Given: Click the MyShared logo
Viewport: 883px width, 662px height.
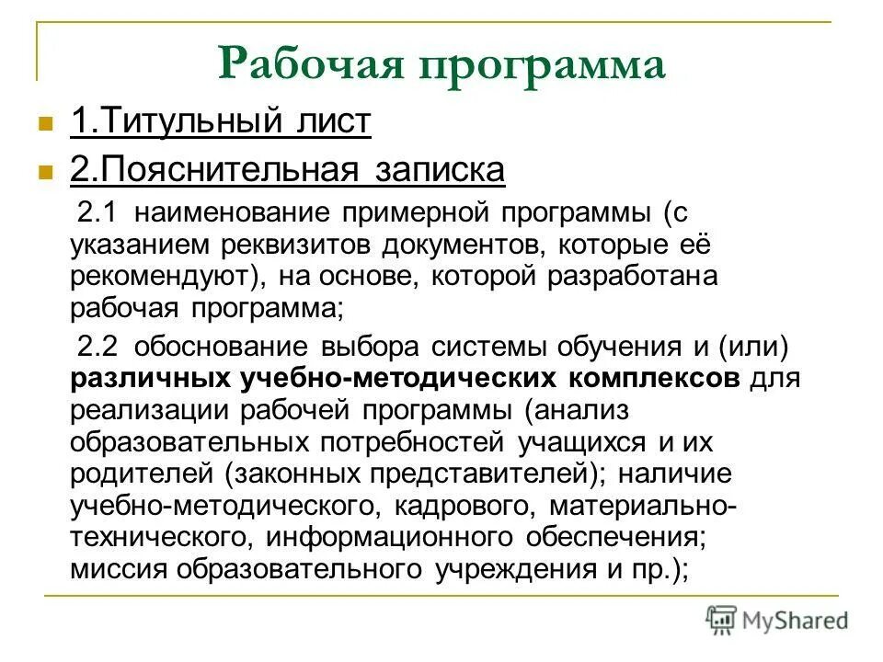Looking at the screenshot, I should click(x=777, y=619).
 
